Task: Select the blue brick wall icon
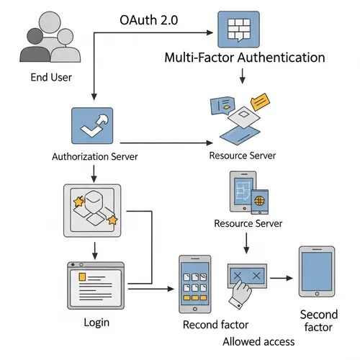tap(237, 30)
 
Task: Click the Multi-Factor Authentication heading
tap(245, 58)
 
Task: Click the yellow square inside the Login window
tap(82, 276)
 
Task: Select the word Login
tap(96, 322)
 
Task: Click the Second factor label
tap(318, 322)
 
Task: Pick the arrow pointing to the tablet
tap(284, 276)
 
